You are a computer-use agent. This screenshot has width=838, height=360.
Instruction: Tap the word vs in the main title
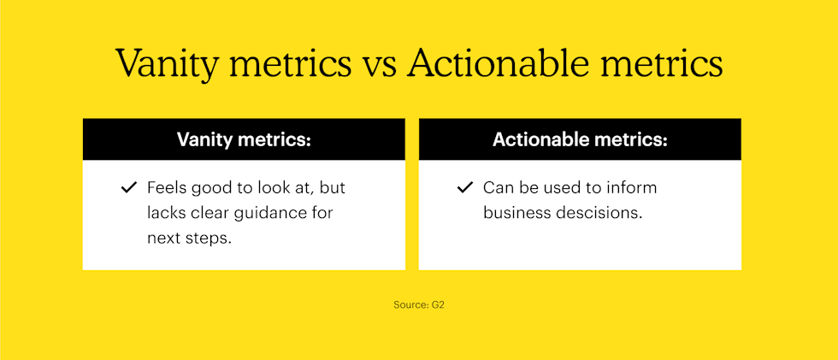pos(378,66)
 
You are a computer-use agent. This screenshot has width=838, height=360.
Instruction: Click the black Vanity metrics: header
pos(244,139)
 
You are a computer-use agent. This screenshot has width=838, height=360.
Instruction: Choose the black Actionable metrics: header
pos(580,139)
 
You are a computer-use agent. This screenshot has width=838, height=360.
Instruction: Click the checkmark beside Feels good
pos(129,187)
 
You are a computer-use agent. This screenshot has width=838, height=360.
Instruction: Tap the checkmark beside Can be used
pos(465,187)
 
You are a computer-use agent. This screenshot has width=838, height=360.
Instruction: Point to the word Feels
pos(166,187)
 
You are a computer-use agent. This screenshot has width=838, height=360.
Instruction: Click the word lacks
pos(167,213)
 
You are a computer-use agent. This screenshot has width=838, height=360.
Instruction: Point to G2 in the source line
pos(437,304)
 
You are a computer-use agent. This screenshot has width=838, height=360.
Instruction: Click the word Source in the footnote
pos(410,304)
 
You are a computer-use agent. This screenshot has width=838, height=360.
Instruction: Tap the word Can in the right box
pos(497,187)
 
